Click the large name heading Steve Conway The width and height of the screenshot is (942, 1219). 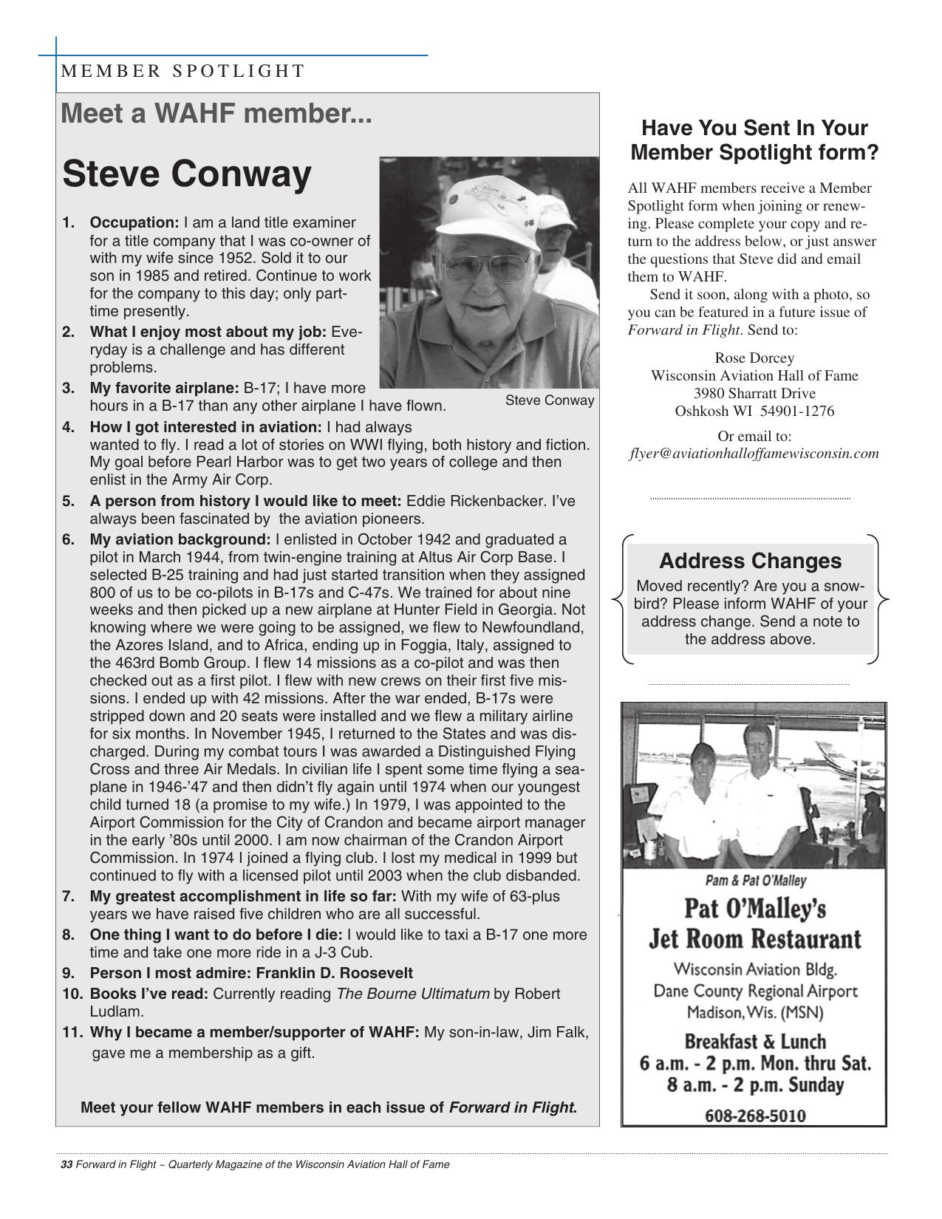point(187,174)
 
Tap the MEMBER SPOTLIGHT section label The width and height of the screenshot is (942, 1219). point(182,71)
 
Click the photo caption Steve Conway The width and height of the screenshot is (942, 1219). point(549,400)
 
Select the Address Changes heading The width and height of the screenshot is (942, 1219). point(750,561)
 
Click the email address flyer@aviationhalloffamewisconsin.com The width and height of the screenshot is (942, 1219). point(754,454)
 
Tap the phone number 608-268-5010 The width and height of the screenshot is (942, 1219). point(755,1115)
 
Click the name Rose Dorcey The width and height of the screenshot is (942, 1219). point(754,358)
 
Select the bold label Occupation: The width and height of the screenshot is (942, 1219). point(134,222)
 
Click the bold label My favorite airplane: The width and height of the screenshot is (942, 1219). point(164,388)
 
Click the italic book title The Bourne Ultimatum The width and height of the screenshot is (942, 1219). point(412,994)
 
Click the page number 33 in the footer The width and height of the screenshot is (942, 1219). point(66,1165)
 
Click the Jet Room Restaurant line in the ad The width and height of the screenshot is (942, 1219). point(755,939)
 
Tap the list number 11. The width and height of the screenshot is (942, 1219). point(72,1032)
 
